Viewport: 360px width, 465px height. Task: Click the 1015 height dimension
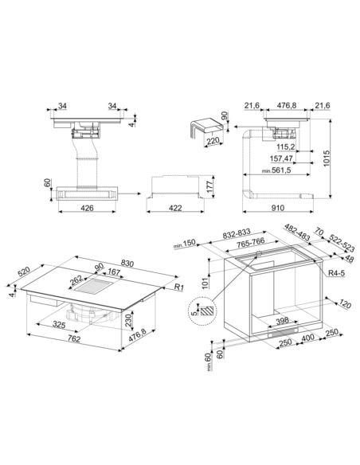pyautogui.click(x=327, y=158)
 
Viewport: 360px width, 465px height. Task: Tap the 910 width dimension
pyautogui.click(x=277, y=208)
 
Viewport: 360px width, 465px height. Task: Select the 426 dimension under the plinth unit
pyautogui.click(x=87, y=208)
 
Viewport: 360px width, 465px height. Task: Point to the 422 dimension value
pyautogui.click(x=175, y=208)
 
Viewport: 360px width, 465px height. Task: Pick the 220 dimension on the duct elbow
pyautogui.click(x=213, y=141)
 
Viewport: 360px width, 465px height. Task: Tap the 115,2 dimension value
pyautogui.click(x=285, y=147)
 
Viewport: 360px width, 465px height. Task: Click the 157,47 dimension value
pyautogui.click(x=281, y=158)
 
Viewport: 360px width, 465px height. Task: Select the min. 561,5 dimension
pyautogui.click(x=276, y=170)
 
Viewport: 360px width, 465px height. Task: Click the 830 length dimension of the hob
pyautogui.click(x=127, y=263)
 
